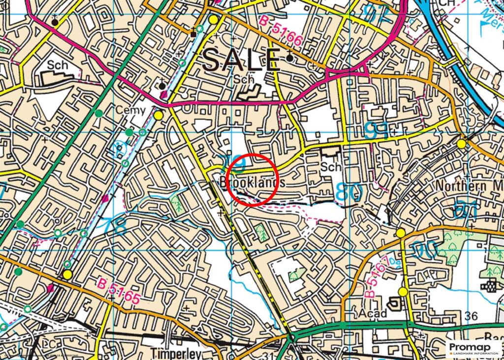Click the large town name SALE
(241, 61)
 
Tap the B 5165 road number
(119, 291)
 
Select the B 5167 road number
(376, 278)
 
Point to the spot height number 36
(471, 316)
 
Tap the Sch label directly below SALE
(245, 79)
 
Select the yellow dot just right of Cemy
(158, 115)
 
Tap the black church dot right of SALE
(289, 58)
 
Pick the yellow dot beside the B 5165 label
(67, 274)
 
